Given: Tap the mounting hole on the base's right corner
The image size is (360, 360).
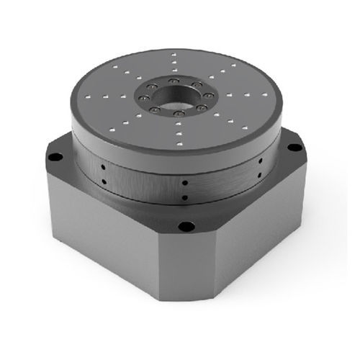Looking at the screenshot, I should [294, 148].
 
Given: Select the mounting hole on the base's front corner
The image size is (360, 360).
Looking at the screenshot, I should [186, 228].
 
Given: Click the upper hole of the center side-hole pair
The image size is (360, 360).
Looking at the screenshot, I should [185, 184].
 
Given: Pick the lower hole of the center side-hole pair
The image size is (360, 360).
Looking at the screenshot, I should [185, 197].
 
